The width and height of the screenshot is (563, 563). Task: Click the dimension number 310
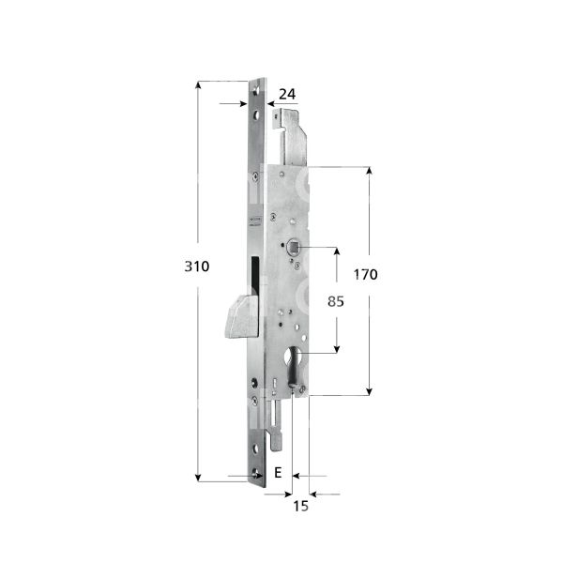click(x=196, y=266)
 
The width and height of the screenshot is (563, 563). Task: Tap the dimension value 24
click(x=287, y=94)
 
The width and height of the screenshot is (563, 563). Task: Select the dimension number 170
click(x=365, y=275)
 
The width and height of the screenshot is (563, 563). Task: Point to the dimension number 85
click(x=321, y=303)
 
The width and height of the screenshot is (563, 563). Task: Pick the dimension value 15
click(x=300, y=507)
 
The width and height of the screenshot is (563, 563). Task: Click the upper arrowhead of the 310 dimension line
click(x=199, y=86)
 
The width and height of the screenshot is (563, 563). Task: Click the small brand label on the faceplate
click(x=254, y=221)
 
